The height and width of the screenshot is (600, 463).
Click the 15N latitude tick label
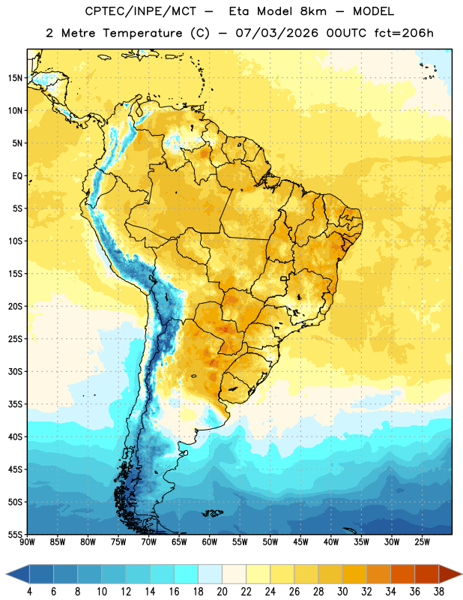(15, 78)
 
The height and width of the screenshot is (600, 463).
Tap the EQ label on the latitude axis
(17, 176)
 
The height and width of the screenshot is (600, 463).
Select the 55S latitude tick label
(15, 535)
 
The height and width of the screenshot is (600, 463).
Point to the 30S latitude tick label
(15, 371)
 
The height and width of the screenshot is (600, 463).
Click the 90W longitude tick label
(27, 542)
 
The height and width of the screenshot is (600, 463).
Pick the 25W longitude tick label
(422, 542)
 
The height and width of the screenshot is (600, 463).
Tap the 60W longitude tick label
(209, 542)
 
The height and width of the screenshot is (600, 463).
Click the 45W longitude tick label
(300, 542)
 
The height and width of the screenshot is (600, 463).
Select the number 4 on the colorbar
(29, 592)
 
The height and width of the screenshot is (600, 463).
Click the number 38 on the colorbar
(438, 592)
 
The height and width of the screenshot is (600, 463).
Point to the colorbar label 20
(222, 592)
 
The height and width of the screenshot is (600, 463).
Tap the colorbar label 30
(342, 592)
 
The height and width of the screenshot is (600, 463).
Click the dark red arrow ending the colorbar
(450, 574)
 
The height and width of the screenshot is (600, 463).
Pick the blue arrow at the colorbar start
(18, 574)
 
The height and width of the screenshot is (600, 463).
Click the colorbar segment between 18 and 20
(211, 574)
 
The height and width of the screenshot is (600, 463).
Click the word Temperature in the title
(142, 33)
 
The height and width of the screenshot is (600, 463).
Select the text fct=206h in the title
(404, 33)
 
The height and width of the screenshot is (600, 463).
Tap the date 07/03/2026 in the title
(276, 33)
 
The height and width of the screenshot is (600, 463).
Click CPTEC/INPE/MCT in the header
(141, 11)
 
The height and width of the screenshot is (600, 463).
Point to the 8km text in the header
(313, 11)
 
